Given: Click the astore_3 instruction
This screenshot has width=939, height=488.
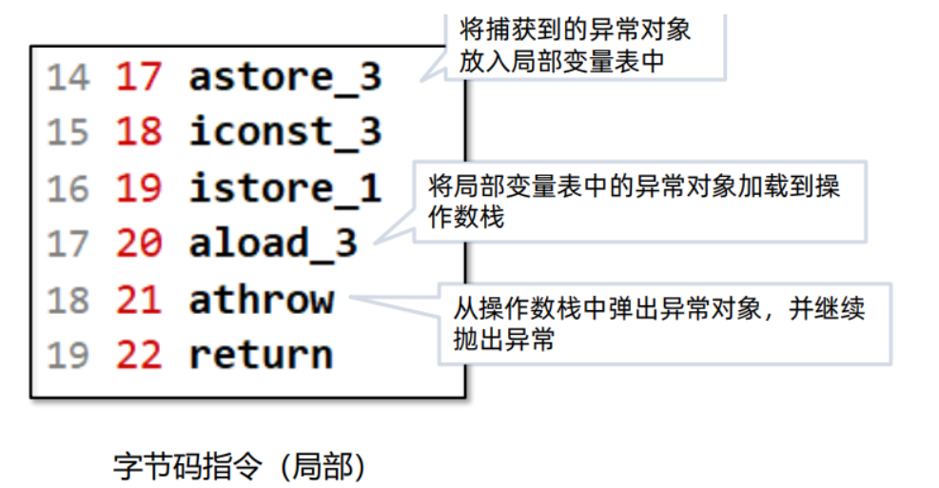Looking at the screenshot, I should (x=284, y=77).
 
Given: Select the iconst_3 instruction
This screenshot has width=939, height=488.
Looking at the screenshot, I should (x=284, y=132).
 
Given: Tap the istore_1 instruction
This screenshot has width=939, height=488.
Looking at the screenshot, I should (x=284, y=187).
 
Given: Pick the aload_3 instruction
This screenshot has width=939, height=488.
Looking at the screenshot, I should (x=273, y=244).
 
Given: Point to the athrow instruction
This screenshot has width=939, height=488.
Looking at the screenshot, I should (x=262, y=300).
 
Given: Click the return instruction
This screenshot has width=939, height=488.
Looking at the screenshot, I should (x=262, y=355).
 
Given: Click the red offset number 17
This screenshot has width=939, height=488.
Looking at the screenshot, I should (x=139, y=77).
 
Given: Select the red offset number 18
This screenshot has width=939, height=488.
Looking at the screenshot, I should (x=139, y=132).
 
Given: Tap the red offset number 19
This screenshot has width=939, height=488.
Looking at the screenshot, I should (x=139, y=187).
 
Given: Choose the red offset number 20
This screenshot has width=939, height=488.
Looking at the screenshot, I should (x=139, y=244).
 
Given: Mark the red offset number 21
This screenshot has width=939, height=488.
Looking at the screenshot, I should (x=139, y=300).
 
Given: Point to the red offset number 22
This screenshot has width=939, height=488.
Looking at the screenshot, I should (x=139, y=355).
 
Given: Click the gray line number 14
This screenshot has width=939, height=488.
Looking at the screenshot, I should (x=68, y=77).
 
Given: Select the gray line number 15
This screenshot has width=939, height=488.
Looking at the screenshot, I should (x=68, y=132).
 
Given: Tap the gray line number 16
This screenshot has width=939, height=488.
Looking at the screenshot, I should (x=68, y=187).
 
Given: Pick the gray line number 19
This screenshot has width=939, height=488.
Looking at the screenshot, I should (x=68, y=355).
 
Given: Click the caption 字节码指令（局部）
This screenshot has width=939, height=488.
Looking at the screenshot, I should (x=240, y=466).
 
